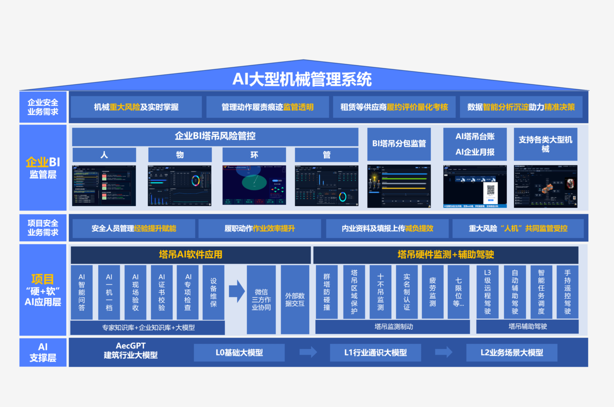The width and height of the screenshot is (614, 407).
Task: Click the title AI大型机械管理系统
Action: tap(302, 79)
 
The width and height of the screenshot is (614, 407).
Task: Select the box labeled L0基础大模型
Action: tap(239, 352)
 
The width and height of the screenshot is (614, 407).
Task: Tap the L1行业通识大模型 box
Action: tap(375, 352)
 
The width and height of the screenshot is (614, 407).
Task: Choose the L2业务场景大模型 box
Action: tap(512, 352)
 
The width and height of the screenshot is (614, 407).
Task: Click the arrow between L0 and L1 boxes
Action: tap(308, 352)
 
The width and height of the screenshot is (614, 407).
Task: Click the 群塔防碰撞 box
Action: tap(327, 292)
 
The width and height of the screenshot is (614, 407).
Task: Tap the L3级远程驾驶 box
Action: tap(487, 292)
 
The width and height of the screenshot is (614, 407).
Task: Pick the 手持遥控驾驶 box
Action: tap(567, 292)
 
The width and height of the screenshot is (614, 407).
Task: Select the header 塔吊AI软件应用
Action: tap(190, 255)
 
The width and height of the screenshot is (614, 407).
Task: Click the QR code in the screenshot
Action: tap(490, 190)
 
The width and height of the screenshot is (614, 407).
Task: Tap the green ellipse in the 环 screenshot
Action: tap(254, 182)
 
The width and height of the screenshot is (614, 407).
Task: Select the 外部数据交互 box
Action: tap(295, 300)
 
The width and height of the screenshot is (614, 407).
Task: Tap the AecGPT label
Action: tap(131, 346)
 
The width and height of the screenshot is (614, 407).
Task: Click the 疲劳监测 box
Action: tap(433, 292)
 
